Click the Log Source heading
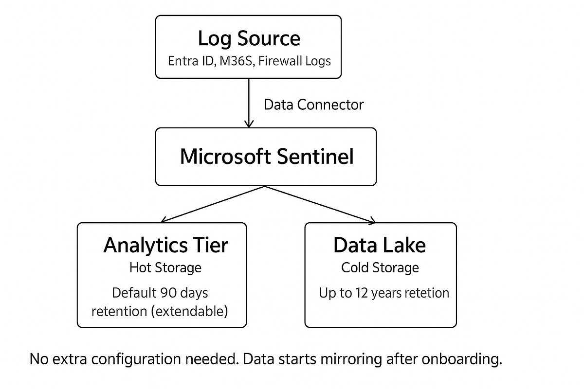pyautogui.click(x=249, y=38)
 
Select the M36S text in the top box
pyautogui.click(x=236, y=61)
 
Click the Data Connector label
pyautogui.click(x=313, y=105)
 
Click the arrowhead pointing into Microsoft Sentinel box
pyautogui.click(x=249, y=124)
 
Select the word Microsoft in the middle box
pyautogui.click(x=224, y=157)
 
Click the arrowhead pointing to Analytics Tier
pyautogui.click(x=164, y=220)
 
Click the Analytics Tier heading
pyautogui.click(x=165, y=245)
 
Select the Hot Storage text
pyautogui.click(x=165, y=267)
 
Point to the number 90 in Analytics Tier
pyautogui.click(x=165, y=293)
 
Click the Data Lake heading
pyautogui.click(x=380, y=245)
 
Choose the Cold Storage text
pyautogui.click(x=380, y=267)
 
